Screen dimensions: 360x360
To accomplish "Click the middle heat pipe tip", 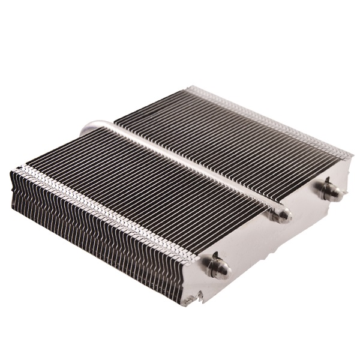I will [x=280, y=215].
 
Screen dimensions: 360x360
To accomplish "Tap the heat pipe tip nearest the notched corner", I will [x=218, y=268].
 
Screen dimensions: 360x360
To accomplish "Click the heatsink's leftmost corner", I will [x=11, y=174].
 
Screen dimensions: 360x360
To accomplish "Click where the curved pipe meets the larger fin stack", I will [x=115, y=125].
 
